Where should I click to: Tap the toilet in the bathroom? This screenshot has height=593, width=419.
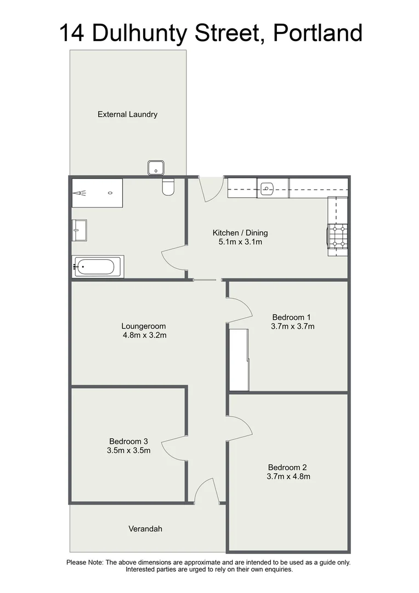(x=168, y=188)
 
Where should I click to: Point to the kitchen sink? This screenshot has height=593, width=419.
(x=267, y=189)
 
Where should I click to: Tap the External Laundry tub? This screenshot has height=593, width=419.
(x=156, y=168)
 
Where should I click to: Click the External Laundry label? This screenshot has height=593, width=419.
(x=127, y=115)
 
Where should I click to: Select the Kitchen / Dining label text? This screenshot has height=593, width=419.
(x=240, y=233)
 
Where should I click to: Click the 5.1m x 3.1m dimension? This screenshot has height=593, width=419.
(x=240, y=242)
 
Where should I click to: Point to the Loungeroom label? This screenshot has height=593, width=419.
(x=144, y=326)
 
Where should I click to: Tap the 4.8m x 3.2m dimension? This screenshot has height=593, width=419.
(x=144, y=335)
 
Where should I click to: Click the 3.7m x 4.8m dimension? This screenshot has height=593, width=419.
(x=288, y=477)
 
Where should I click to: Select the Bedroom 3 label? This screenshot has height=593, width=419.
(x=128, y=441)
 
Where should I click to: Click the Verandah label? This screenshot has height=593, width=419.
(x=145, y=529)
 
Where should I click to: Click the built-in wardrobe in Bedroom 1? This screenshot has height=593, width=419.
(x=239, y=360)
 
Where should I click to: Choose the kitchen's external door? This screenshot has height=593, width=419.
(x=211, y=188)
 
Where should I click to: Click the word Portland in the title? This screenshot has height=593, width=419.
(x=318, y=33)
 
